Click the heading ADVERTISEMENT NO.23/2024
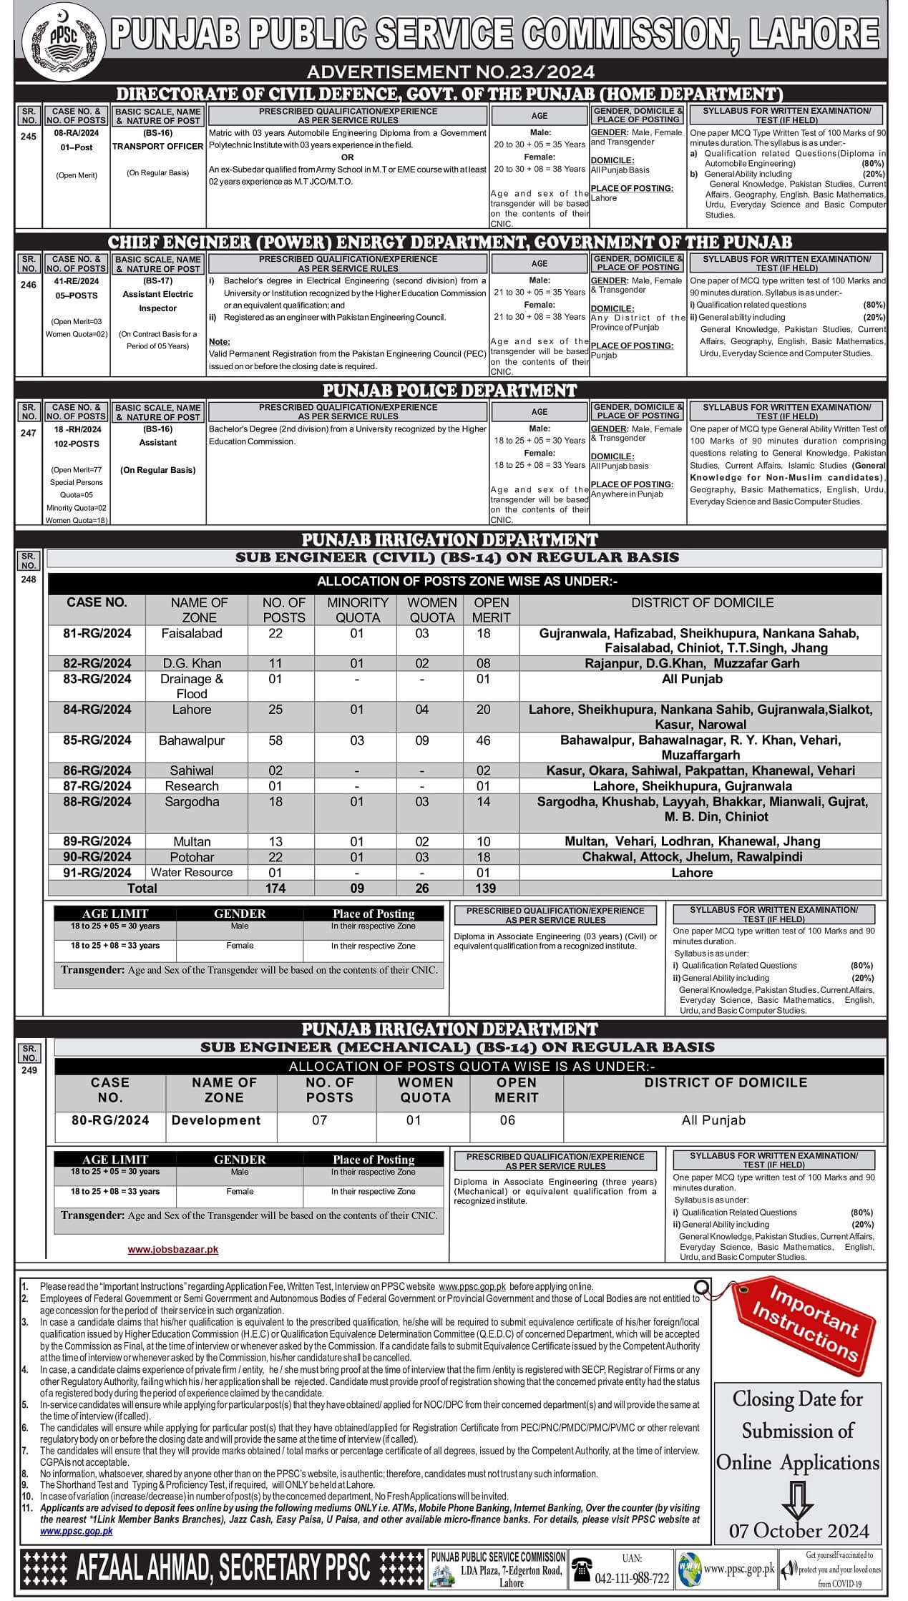pos(450,72)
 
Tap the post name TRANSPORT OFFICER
pos(157,146)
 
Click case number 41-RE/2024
pos(77,282)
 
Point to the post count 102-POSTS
pos(77,444)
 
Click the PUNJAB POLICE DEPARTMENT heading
pos(449,391)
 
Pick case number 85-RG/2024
pos(97,740)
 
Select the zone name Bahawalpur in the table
pos(192,740)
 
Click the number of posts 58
pos(275,740)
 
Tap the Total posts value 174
pos(275,888)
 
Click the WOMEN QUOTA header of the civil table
pos(431,609)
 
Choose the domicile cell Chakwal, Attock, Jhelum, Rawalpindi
pos(692,857)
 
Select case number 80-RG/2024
pos(110,1120)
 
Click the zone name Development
pos(216,1120)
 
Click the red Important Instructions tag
pos(805,1324)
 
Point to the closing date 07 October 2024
pos(799,1530)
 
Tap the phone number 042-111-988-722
pos(632,1578)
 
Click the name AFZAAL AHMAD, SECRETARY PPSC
pos(223,1568)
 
